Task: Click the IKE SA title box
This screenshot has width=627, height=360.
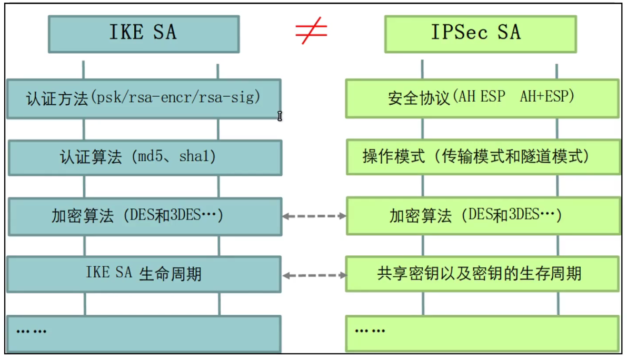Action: [x=144, y=34]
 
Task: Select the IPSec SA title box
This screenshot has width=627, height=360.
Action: [x=481, y=34]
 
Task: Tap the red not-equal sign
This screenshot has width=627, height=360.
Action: [x=311, y=31]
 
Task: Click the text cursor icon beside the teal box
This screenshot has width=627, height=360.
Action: [x=280, y=116]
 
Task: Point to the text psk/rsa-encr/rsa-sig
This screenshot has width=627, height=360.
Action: [x=175, y=97]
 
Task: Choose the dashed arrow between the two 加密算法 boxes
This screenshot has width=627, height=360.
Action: [x=314, y=216]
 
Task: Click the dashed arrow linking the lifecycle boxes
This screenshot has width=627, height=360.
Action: [x=314, y=275]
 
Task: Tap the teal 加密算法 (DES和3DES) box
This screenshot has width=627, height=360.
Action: [x=145, y=216]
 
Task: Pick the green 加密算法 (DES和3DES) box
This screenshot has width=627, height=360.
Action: [x=483, y=216]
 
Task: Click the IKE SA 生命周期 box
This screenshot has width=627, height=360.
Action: [x=144, y=274]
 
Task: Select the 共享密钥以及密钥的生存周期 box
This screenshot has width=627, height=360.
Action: [x=482, y=274]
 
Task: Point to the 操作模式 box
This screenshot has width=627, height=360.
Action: [x=483, y=157]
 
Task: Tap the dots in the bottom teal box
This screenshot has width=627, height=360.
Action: [x=31, y=331]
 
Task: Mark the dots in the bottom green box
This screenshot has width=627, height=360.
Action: [x=370, y=331]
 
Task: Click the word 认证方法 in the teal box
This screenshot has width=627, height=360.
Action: [x=57, y=98]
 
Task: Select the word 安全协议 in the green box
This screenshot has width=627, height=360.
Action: [x=419, y=97]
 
